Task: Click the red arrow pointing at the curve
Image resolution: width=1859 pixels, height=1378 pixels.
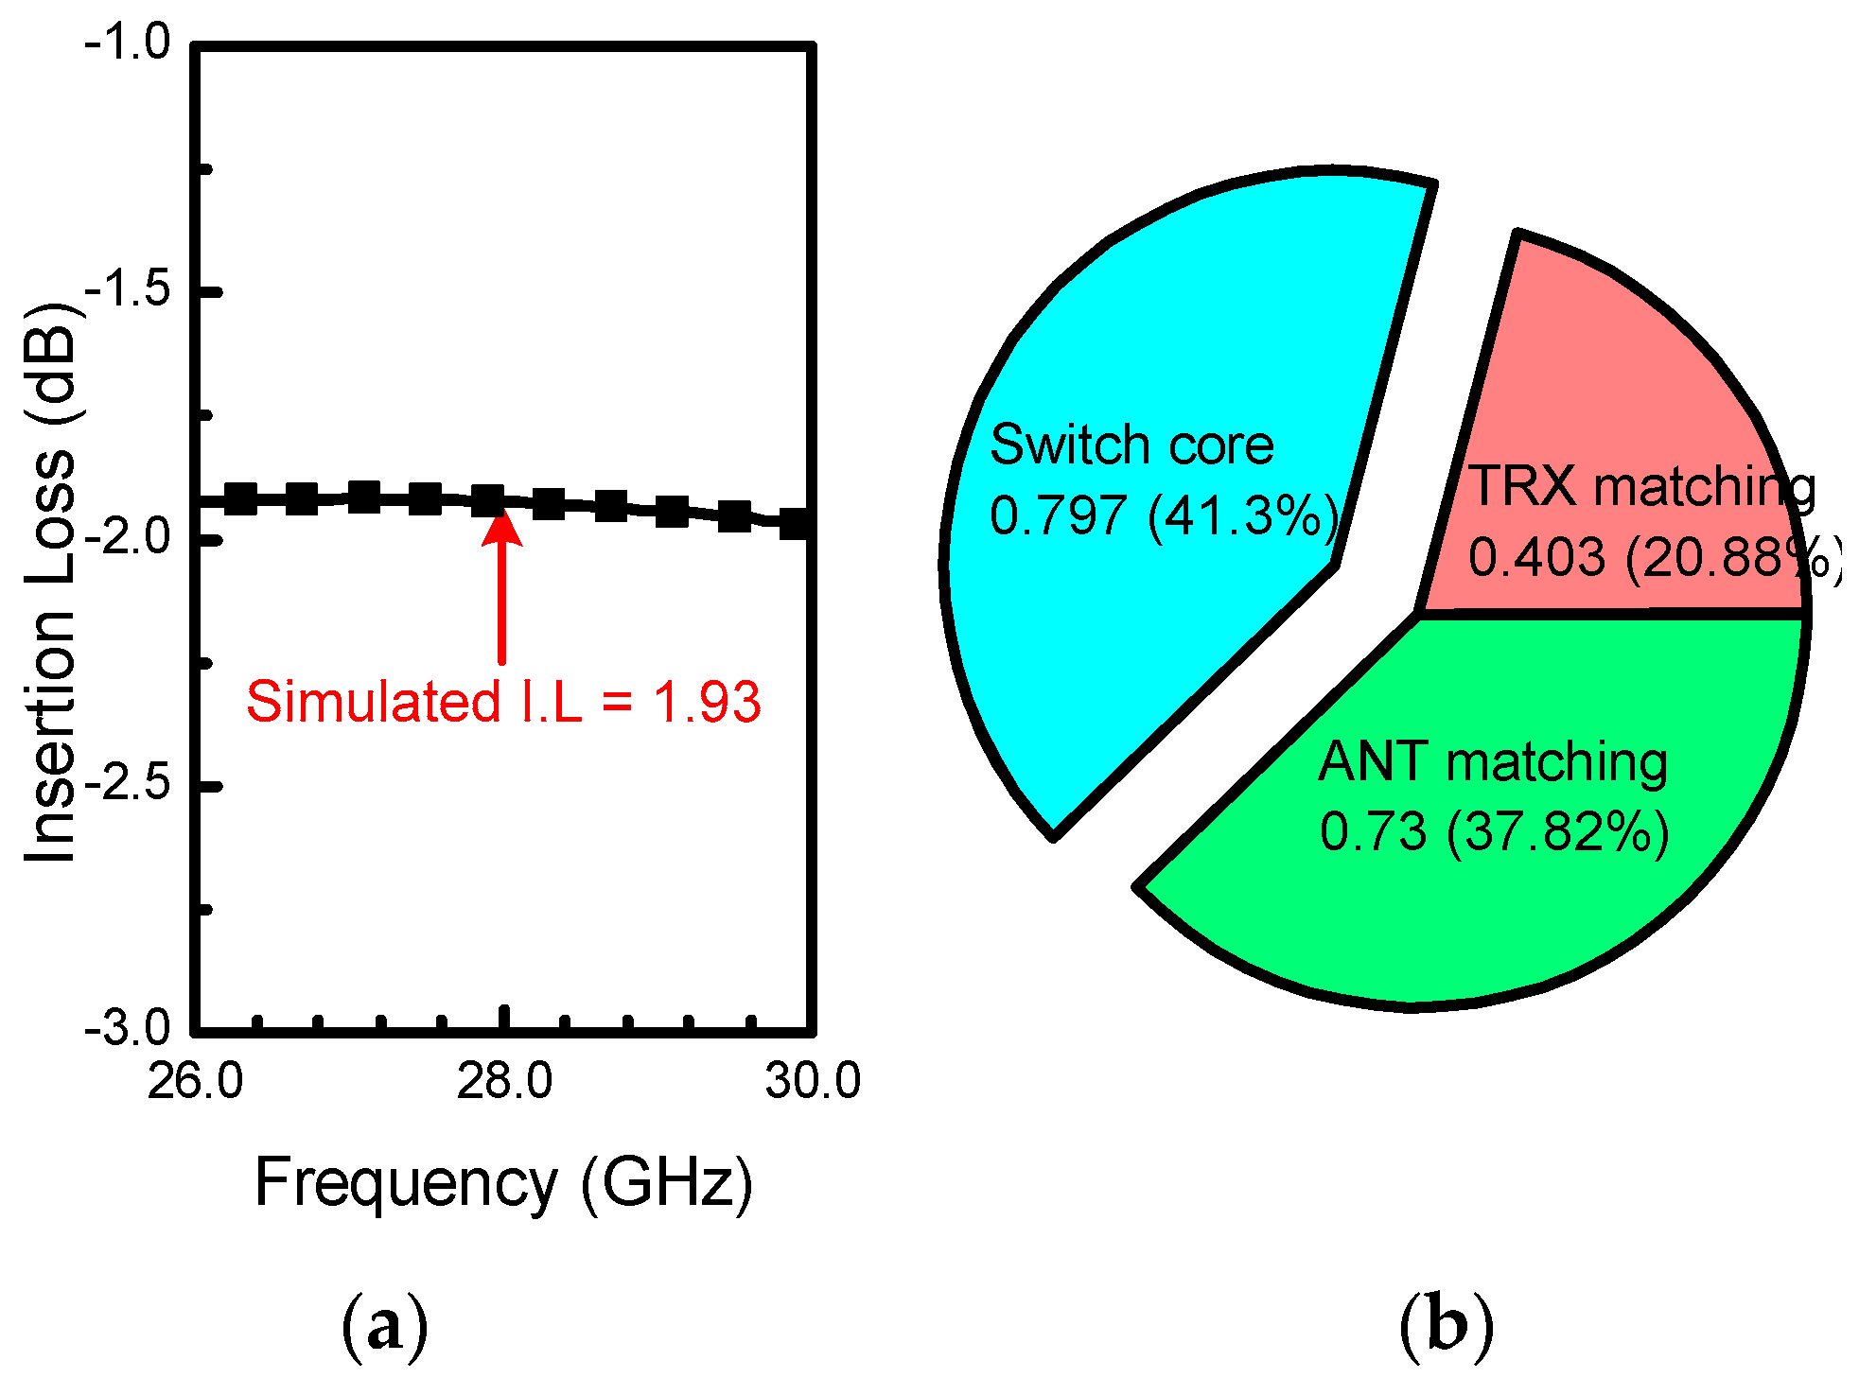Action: (501, 586)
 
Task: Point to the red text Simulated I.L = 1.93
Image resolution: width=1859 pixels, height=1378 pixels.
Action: (503, 703)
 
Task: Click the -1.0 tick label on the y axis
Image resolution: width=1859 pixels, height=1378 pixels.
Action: (128, 43)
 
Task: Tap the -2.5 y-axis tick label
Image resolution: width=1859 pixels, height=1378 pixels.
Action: (128, 784)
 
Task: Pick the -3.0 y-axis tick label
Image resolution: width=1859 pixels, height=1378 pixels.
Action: (128, 1028)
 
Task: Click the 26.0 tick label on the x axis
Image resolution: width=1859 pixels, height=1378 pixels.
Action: (195, 1081)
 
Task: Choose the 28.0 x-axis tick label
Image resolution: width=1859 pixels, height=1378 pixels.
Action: (504, 1081)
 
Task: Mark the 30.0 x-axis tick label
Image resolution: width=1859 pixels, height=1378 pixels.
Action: (813, 1081)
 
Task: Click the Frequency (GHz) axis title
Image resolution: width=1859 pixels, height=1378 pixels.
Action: (503, 1183)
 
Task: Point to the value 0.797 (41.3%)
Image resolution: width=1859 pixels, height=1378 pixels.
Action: (1164, 516)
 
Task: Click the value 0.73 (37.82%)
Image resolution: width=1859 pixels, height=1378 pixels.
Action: (1494, 832)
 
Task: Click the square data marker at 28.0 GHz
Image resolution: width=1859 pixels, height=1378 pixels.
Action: (488, 500)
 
